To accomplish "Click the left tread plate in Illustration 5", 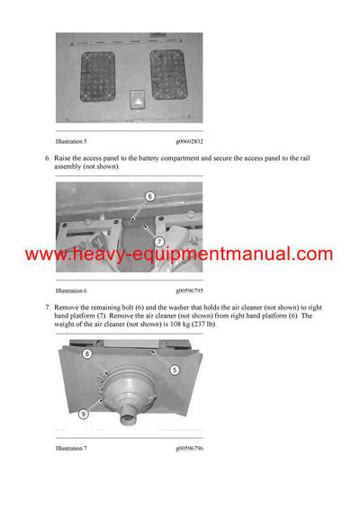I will coord(97,75).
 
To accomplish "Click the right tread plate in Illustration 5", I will coord(167,74).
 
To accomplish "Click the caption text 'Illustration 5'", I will coord(72,140).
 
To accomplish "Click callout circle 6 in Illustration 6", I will coord(149,196).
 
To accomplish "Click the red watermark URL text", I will coord(180,254).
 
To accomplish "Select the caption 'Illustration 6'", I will coord(72,291).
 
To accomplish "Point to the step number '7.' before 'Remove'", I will coord(48,308).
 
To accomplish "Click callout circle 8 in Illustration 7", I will coord(88,354).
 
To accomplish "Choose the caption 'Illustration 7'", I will coord(72,447).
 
